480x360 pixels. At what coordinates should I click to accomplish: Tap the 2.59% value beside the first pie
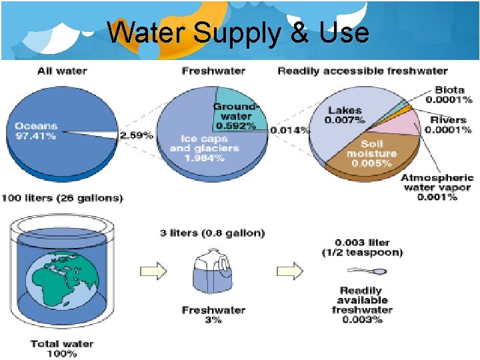click(x=136, y=135)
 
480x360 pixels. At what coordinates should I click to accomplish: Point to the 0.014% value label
click(x=289, y=130)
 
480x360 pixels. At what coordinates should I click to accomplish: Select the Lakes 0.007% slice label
click(x=345, y=115)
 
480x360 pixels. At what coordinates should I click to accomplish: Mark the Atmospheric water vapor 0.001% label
click(x=437, y=187)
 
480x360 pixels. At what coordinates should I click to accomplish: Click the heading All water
click(x=63, y=71)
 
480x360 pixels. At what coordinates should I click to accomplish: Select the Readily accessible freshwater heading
click(x=362, y=71)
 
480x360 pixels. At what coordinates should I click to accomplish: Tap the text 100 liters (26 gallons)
click(x=62, y=198)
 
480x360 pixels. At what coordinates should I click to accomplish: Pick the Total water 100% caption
click(x=62, y=349)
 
